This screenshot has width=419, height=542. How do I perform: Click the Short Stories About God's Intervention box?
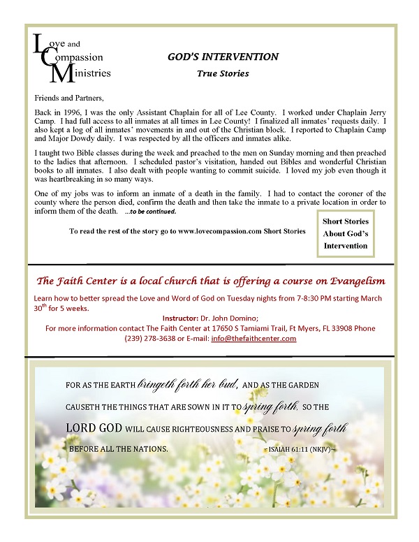click(x=346, y=233)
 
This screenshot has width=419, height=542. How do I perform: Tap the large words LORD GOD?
click(x=100, y=427)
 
